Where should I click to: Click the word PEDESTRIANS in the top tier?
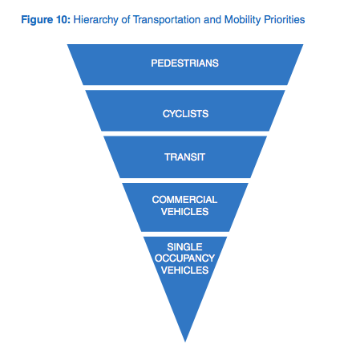tap(184, 63)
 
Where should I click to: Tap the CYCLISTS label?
tap(185, 114)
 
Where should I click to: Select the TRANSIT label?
tap(185, 157)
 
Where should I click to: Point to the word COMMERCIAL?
tap(184, 200)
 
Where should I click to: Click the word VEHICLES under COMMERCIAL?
tap(184, 212)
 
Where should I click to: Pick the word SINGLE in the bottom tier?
tap(184, 246)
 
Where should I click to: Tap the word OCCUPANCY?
tap(184, 258)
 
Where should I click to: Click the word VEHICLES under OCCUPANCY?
tap(184, 270)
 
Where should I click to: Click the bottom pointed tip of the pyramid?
tap(185, 342)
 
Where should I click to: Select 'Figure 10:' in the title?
tap(46, 20)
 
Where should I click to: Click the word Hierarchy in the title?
tap(95, 20)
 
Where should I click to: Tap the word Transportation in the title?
tap(167, 20)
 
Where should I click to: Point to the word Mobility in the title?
tap(243, 20)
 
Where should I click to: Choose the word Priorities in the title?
tap(285, 20)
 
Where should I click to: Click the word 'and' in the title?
tap(212, 20)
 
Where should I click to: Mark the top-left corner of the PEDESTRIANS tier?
tap(67, 44)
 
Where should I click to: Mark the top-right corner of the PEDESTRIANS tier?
tap(303, 44)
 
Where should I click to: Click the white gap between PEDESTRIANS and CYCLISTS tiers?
tap(185, 87)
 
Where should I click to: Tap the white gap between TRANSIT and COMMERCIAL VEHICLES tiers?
tap(185, 181)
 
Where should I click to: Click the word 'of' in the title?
tap(126, 20)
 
